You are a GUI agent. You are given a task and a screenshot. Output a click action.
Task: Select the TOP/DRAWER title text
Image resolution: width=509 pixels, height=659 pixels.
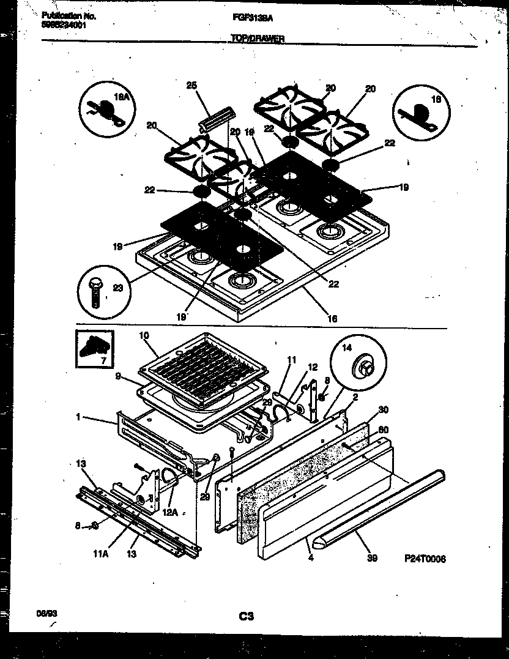coord(257,38)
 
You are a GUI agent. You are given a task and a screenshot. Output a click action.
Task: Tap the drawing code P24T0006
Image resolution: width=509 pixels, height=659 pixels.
coord(425,559)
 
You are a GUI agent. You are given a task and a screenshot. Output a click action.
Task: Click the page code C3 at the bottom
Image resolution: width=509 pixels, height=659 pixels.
coord(247,617)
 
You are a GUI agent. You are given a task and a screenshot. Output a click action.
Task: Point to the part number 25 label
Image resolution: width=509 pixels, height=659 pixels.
coord(191,86)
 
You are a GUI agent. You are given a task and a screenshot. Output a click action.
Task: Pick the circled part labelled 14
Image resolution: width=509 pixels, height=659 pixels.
coord(357,367)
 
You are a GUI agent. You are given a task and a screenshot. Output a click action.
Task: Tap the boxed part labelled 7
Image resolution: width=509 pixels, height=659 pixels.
coord(94,349)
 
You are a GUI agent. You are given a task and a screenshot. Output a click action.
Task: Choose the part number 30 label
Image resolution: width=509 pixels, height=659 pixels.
coord(384,409)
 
